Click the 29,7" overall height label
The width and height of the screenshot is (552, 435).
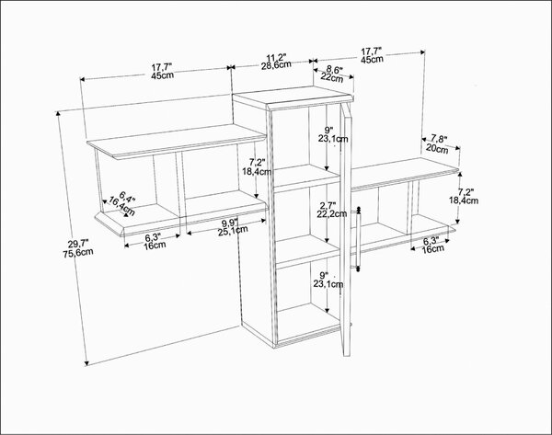point(78,248)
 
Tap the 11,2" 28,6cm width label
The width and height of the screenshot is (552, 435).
point(276,62)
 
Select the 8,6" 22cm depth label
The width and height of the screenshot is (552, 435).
point(332,74)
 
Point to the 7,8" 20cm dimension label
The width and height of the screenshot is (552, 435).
point(438,144)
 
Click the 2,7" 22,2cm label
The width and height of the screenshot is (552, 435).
point(331,210)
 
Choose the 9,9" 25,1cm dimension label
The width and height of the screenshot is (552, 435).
point(233,227)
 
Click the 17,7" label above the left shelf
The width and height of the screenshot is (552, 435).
point(162,71)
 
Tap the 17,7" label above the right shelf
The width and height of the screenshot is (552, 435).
point(372,55)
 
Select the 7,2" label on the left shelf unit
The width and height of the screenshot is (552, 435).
point(257,166)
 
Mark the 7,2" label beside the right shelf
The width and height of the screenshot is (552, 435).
point(464,196)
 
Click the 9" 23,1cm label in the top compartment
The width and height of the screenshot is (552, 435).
point(333,134)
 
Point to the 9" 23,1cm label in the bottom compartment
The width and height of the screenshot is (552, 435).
point(328,280)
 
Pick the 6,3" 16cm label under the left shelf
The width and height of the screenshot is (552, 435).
point(155,242)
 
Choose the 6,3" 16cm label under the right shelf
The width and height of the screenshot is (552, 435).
point(432,246)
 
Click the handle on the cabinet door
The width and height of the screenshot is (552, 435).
point(359,239)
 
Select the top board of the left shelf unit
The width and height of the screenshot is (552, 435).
point(177,141)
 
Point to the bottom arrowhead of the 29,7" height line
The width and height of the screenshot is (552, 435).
point(86,363)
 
